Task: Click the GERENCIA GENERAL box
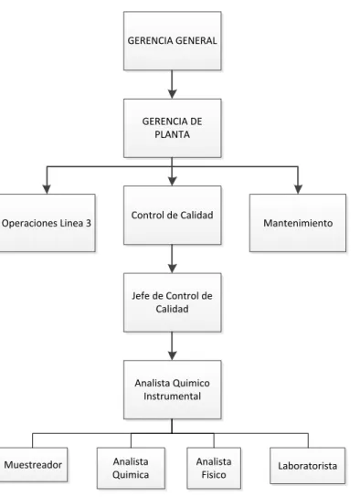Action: tap(173, 41)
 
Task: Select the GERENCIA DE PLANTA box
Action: tap(173, 128)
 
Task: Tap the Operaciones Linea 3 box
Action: tap(47, 223)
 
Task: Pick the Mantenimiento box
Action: tap(298, 223)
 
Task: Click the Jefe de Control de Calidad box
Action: tap(173, 302)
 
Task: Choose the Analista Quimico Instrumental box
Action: tap(173, 389)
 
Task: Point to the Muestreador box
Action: tap(33, 465)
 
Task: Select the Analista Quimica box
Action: tap(131, 468)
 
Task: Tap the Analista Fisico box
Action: tap(214, 468)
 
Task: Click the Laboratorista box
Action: tap(308, 466)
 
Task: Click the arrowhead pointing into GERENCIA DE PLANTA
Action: tap(172, 94)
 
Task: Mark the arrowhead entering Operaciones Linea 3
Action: tap(47, 189)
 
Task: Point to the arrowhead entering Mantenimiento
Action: tap(298, 189)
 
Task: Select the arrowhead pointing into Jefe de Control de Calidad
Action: tap(172, 269)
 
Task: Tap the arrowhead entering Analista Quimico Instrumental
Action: tap(172, 355)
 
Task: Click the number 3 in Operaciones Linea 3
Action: tap(88, 223)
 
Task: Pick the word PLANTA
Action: tap(172, 134)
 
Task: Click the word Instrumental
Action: tap(172, 397)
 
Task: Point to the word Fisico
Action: tap(214, 475)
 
